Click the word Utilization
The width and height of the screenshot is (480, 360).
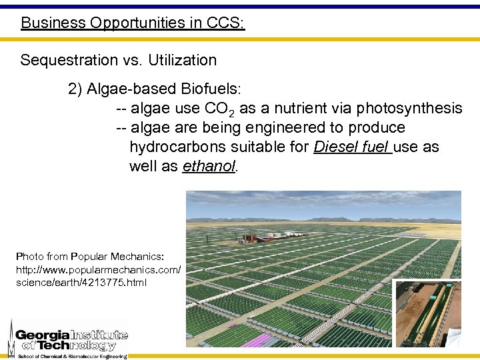[x=182, y=60]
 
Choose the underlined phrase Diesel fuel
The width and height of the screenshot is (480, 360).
[x=351, y=147]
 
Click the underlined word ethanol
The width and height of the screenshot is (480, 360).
[x=209, y=166]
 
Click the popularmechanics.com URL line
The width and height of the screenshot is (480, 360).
[x=97, y=270]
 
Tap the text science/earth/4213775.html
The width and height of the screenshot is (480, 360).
[x=81, y=283]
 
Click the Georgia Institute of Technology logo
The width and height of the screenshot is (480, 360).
[x=67, y=339]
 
